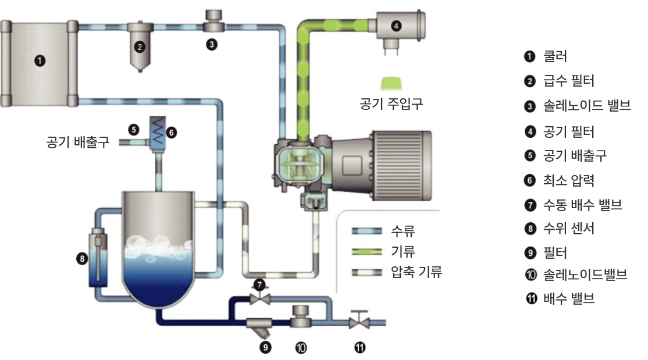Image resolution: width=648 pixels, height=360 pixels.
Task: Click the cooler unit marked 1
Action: [39, 63]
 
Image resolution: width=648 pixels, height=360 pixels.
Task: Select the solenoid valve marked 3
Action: [213, 21]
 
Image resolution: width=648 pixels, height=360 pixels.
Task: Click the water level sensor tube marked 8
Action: [98, 258]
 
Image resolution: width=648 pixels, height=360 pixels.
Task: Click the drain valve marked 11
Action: [359, 320]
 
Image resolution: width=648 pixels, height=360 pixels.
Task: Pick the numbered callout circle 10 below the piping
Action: [301, 348]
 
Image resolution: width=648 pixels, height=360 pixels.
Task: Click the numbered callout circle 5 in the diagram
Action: [133, 130]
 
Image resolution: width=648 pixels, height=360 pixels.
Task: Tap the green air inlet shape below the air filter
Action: [391, 84]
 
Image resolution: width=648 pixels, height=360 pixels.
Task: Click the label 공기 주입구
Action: [391, 104]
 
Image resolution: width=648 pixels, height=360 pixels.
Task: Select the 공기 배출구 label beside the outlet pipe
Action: [78, 142]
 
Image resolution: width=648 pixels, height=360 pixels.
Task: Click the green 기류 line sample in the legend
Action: [367, 251]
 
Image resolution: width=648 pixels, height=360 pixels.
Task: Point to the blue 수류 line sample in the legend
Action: [367, 231]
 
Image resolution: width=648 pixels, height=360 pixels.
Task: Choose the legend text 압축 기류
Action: [416, 272]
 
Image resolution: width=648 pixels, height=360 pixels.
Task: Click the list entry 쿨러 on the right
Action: [555, 56]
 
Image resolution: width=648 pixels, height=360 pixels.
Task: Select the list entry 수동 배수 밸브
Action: [582, 205]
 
